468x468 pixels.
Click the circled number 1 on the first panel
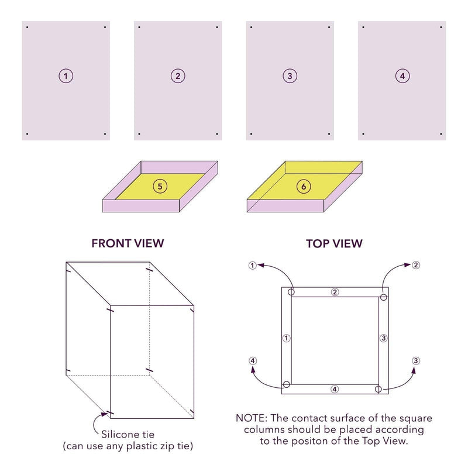tap(66, 75)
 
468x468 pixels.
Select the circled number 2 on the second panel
tap(178, 75)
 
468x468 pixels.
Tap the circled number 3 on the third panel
tap(290, 75)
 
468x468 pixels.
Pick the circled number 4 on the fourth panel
tap(402, 75)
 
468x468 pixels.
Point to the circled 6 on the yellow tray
tap(304, 186)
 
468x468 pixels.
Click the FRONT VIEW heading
tap(128, 243)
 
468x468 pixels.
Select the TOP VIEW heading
tap(334, 243)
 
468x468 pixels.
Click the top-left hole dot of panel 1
tap(27, 27)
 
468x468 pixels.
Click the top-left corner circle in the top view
tap(291, 292)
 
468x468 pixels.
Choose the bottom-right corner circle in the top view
tap(378, 389)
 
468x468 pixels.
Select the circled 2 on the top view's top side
tap(335, 292)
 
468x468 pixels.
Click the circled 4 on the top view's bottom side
tap(335, 389)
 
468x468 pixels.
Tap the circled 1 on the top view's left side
tap(286, 338)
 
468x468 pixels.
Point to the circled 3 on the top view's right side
tap(383, 338)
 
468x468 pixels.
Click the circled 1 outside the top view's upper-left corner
tap(252, 265)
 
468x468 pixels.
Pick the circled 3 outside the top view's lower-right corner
tap(415, 360)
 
